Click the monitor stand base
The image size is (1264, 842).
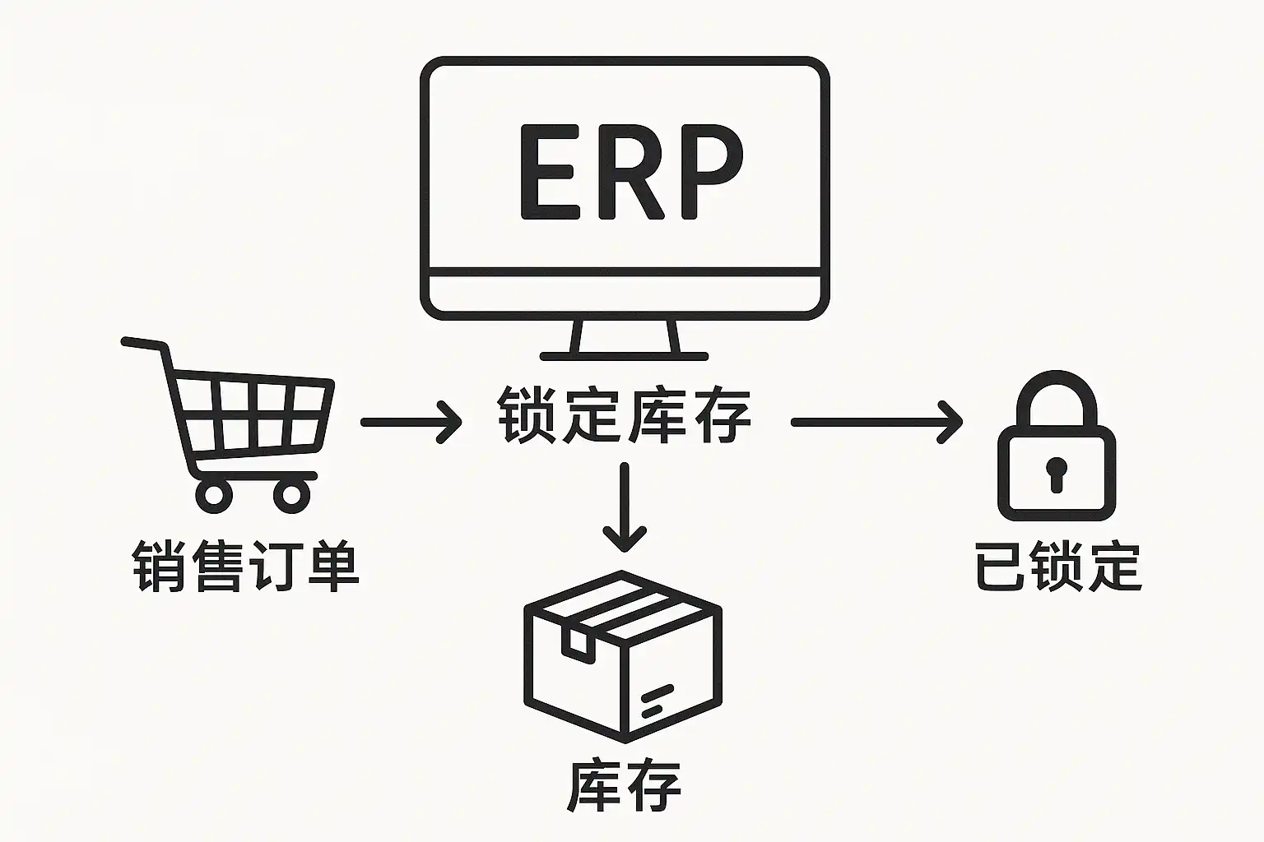pyautogui.click(x=624, y=356)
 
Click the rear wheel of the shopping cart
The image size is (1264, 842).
pyautogui.click(x=214, y=494)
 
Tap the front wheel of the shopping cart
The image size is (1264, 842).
pyautogui.click(x=291, y=494)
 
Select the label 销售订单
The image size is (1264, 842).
pyautogui.click(x=245, y=566)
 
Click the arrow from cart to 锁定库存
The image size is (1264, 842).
pyautogui.click(x=411, y=422)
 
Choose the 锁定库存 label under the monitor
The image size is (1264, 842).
pyautogui.click(x=624, y=416)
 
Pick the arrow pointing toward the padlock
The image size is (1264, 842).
pyautogui.click(x=876, y=422)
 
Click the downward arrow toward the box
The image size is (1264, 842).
pyautogui.click(x=625, y=507)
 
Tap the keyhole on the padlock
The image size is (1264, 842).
pyautogui.click(x=1057, y=474)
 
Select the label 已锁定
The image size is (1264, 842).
pyautogui.click(x=1058, y=566)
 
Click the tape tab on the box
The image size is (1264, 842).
pyautogui.click(x=578, y=642)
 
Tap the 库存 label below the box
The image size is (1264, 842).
pyautogui.click(x=624, y=786)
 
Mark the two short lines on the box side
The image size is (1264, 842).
pyautogui.click(x=657, y=701)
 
